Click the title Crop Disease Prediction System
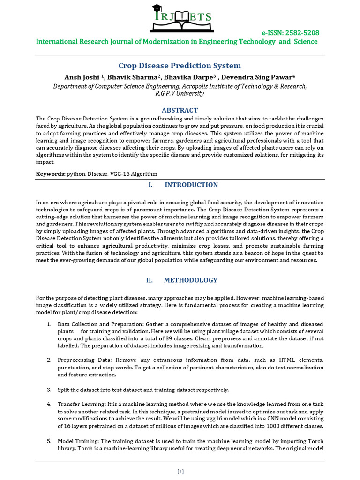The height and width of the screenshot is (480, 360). (180, 66)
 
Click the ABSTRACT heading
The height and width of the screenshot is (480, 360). (180, 110)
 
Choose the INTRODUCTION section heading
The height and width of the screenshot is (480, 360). (191, 185)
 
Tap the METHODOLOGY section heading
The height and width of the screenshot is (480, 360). (190, 280)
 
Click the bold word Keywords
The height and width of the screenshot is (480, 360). (51, 174)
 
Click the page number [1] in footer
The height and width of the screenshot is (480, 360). (180, 472)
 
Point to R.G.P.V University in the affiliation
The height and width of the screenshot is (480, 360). (180, 93)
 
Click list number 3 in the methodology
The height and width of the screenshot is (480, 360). (49, 390)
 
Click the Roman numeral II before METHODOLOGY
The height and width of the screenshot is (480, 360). (150, 280)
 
